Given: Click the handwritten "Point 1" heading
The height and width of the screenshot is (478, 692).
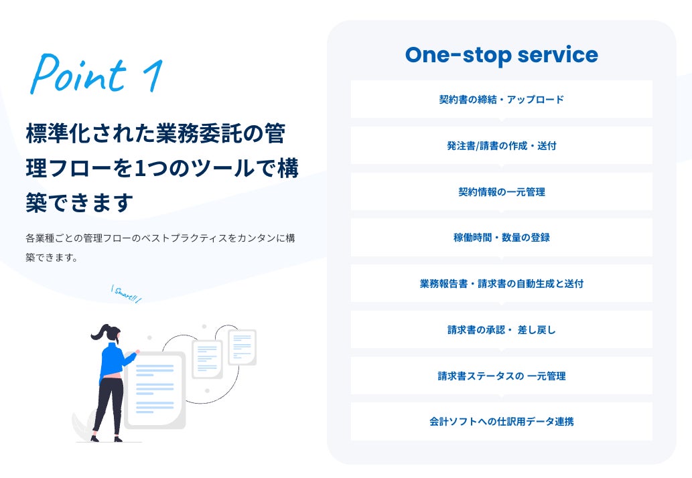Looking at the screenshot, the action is [x=96, y=73].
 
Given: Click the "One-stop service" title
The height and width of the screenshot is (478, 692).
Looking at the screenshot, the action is [x=501, y=55].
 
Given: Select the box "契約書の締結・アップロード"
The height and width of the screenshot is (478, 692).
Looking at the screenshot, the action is [x=501, y=100].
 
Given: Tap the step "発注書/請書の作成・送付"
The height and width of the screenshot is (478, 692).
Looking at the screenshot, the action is [x=501, y=145].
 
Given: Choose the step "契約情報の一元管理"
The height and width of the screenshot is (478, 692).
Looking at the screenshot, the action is [x=501, y=191].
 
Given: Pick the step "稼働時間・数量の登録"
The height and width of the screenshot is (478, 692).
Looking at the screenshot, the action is [x=501, y=237].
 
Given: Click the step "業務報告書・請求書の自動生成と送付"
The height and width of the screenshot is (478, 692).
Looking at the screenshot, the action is [x=501, y=283].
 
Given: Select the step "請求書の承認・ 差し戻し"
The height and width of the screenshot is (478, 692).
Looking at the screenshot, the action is [x=501, y=329].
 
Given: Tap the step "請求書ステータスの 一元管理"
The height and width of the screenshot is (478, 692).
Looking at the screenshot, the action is [x=501, y=376].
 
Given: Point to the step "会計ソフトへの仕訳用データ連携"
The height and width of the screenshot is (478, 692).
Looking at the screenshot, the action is [x=501, y=422].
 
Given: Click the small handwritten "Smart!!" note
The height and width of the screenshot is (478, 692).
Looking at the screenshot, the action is [x=126, y=294].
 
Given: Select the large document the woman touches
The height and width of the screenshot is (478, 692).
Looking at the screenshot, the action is [x=155, y=390].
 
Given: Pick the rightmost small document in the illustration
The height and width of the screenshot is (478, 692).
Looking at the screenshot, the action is [x=242, y=347].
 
